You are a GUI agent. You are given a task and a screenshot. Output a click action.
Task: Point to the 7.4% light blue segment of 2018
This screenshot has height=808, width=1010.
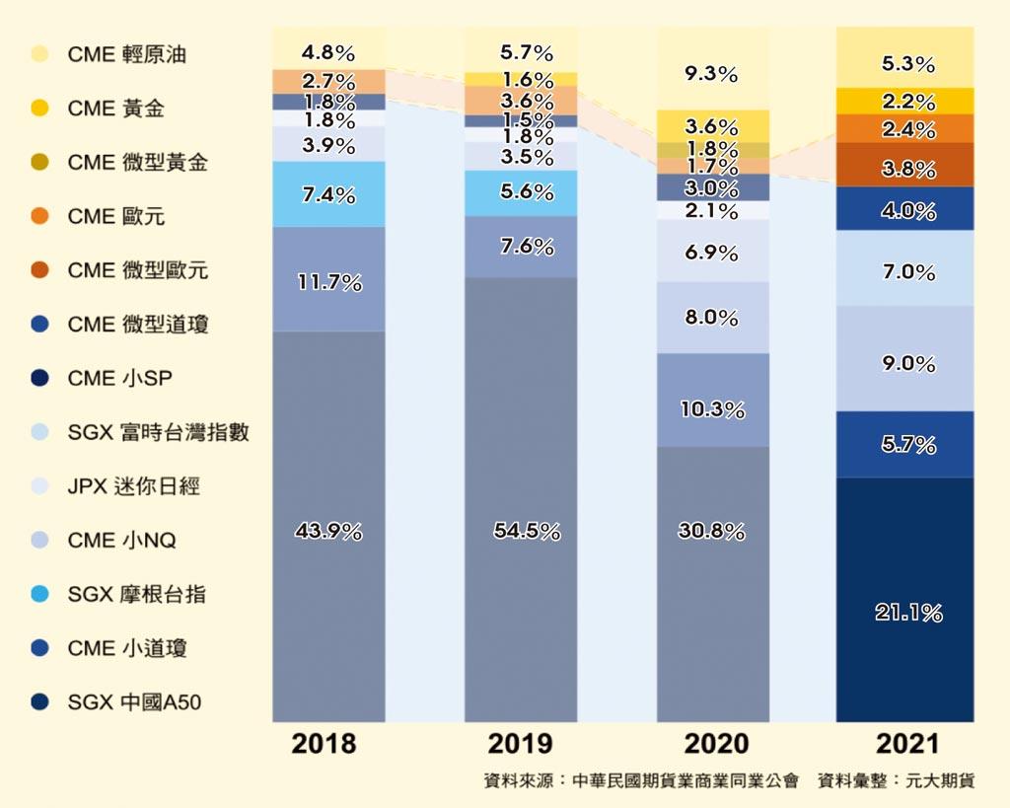(328, 194)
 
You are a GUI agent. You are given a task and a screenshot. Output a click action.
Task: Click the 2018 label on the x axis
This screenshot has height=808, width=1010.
(324, 743)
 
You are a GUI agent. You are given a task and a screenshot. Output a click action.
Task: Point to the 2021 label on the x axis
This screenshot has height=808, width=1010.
(905, 743)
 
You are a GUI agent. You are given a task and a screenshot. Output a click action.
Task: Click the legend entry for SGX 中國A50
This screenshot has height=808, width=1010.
(136, 702)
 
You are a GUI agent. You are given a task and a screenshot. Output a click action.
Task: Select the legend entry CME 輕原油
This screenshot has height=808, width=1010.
(126, 54)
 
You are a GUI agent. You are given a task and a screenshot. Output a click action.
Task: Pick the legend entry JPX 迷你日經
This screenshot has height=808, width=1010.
(133, 486)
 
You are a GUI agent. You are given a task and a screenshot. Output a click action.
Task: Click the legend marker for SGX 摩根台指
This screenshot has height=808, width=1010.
(39, 595)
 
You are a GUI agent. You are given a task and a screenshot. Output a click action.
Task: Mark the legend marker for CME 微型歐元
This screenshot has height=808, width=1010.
(39, 270)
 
